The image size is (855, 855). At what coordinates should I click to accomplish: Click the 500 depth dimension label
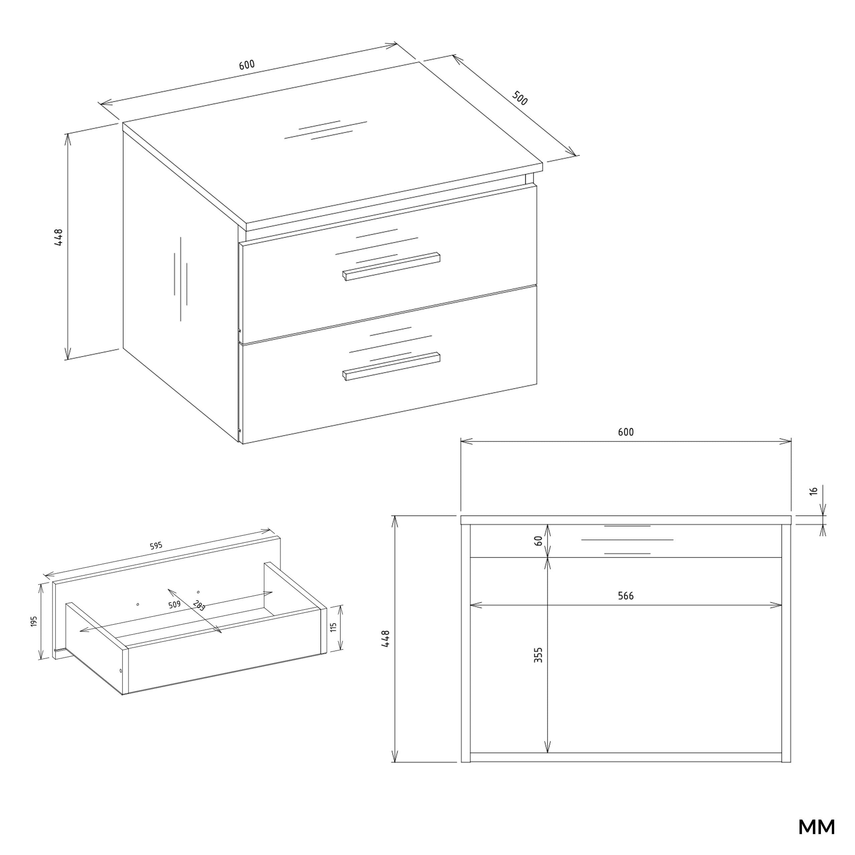pyautogui.click(x=520, y=98)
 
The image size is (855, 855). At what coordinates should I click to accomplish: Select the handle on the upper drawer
pyautogui.click(x=391, y=267)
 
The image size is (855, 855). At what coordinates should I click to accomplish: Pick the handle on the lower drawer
pyautogui.click(x=391, y=366)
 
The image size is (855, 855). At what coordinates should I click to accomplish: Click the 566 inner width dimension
pyautogui.click(x=626, y=596)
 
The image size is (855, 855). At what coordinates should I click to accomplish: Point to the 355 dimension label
pyautogui.click(x=538, y=655)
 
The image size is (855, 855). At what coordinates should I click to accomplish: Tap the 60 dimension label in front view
pyautogui.click(x=538, y=540)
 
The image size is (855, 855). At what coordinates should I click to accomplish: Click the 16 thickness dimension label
pyautogui.click(x=813, y=491)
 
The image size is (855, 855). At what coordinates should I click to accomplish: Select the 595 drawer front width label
pyautogui.click(x=156, y=546)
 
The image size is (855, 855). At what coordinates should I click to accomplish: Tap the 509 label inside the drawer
pyautogui.click(x=174, y=605)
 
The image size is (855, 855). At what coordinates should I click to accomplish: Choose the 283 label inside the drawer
pyautogui.click(x=199, y=606)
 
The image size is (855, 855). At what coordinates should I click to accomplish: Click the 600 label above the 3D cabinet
pyautogui.click(x=247, y=64)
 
